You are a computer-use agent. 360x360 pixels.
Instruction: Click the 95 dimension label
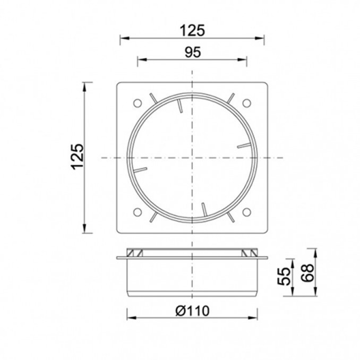click(193, 53)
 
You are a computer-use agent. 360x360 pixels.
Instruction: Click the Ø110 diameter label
click(192, 311)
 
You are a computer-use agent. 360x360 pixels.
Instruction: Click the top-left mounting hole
click(138, 103)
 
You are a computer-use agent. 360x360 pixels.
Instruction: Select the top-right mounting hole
click(247, 103)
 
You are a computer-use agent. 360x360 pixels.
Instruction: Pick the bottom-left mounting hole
click(138, 212)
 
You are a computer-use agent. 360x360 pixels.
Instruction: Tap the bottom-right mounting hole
click(247, 212)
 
